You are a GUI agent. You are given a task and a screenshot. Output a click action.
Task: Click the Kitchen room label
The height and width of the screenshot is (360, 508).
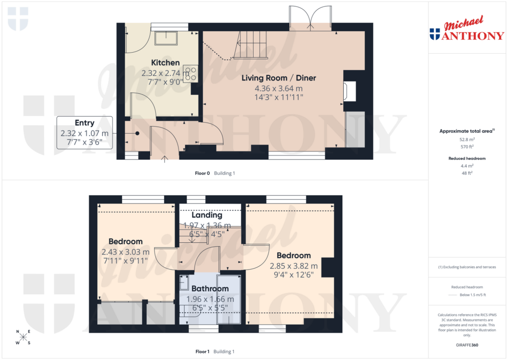(165, 63)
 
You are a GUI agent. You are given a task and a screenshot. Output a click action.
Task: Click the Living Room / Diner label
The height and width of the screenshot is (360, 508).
(278, 78)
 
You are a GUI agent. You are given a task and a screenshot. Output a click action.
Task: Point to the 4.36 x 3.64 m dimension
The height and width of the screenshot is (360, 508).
(278, 88)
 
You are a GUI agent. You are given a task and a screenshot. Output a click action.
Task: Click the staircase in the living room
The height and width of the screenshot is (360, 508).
(250, 44)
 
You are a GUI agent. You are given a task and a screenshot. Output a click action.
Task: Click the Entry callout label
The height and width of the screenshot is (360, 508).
(84, 123)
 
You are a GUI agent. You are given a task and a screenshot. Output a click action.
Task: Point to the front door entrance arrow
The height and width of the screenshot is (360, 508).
(165, 158)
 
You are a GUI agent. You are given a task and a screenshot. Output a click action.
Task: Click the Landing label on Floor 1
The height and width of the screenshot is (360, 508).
(207, 216)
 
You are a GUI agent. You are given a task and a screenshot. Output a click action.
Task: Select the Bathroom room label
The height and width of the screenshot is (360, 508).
(210, 289)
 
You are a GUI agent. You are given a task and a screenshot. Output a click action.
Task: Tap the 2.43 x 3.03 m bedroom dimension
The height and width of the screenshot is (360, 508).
(125, 252)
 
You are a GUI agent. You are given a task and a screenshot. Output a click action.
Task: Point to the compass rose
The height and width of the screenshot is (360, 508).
(23, 338)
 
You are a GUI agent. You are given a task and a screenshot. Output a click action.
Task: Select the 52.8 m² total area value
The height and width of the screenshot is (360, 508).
(466, 140)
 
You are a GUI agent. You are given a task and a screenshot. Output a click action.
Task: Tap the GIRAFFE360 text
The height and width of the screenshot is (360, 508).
(466, 345)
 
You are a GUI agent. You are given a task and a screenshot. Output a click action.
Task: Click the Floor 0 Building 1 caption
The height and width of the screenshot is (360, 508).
(215, 173)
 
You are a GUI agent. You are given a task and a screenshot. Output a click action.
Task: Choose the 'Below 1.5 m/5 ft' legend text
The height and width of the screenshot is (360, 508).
(472, 295)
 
